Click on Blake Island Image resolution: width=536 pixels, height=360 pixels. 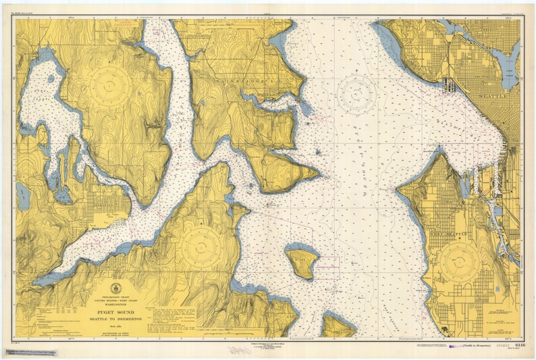click(x=301, y=262)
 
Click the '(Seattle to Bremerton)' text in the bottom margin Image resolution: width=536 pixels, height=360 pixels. click(x=477, y=346)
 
